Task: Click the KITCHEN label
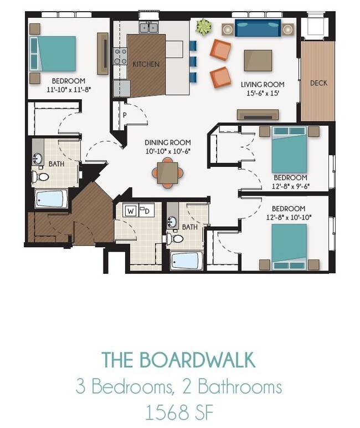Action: (146, 64)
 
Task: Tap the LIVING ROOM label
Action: (263, 85)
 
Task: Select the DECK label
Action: (318, 83)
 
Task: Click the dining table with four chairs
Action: (168, 171)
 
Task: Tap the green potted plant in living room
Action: (203, 26)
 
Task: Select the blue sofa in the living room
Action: (258, 27)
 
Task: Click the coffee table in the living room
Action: (258, 60)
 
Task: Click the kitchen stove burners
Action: (120, 55)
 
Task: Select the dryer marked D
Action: (146, 211)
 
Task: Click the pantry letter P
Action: (125, 115)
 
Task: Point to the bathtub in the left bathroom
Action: (51, 198)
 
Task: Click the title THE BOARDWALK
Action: (179, 360)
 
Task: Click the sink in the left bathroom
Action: (38, 159)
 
